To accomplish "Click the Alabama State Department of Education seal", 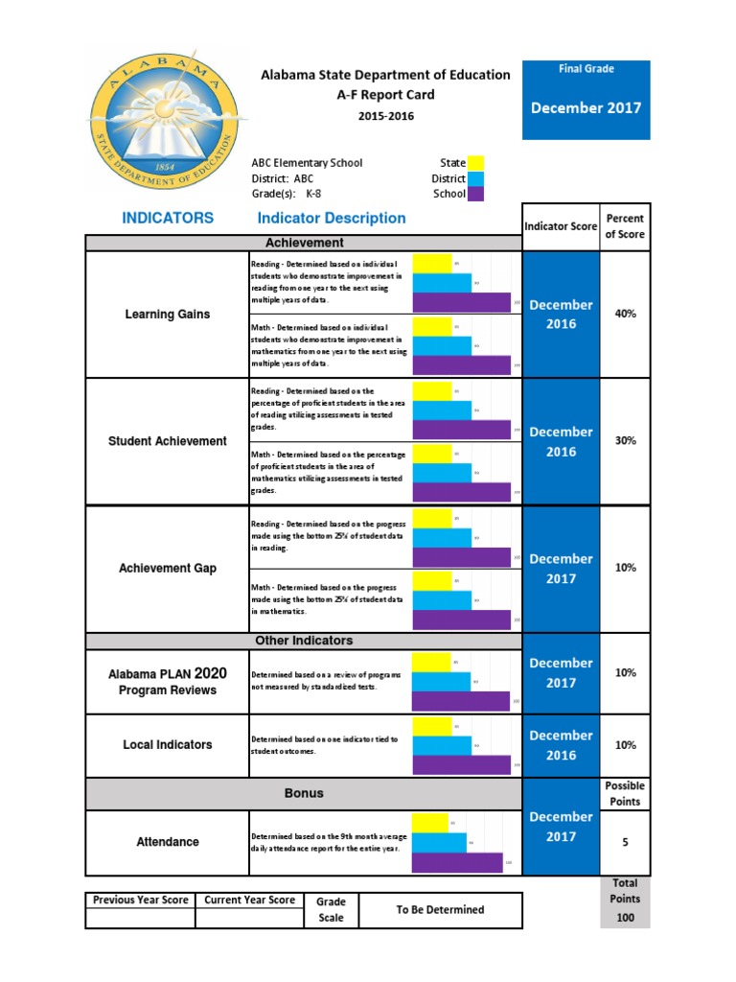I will (x=164, y=119).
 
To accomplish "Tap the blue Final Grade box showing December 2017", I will (x=586, y=100).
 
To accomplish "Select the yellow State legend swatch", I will (x=475, y=163).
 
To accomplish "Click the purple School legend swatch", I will (x=475, y=194).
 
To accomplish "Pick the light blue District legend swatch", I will (x=475, y=178).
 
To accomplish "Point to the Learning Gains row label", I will (x=168, y=314).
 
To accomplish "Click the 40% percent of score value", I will (x=625, y=314).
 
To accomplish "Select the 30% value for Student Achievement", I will (x=625, y=441).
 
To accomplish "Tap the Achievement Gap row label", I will (x=168, y=568).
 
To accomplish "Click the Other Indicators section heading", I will (x=303, y=641).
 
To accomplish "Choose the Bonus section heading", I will (x=303, y=793).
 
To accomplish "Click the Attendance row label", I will (x=168, y=842).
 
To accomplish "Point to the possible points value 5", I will (x=625, y=842).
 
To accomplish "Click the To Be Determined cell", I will (x=440, y=910).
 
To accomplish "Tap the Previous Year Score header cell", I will (x=140, y=900).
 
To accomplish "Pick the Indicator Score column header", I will (x=561, y=227).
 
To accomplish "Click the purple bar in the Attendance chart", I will (x=457, y=862).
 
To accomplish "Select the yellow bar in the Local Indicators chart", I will (x=431, y=725).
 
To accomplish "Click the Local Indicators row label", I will (x=168, y=745).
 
